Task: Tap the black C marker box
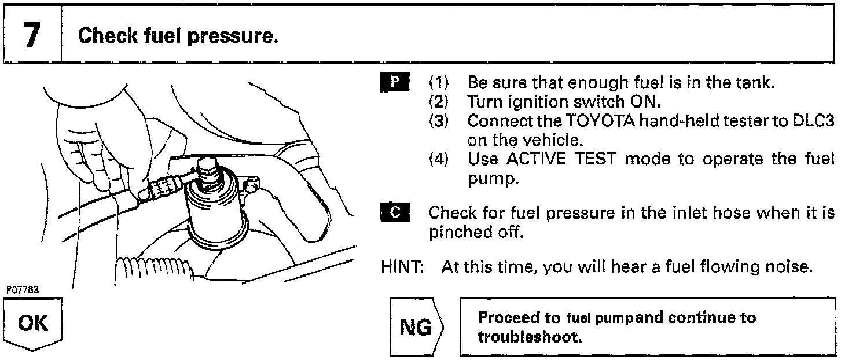[395, 212]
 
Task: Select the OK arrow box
[33, 325]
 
